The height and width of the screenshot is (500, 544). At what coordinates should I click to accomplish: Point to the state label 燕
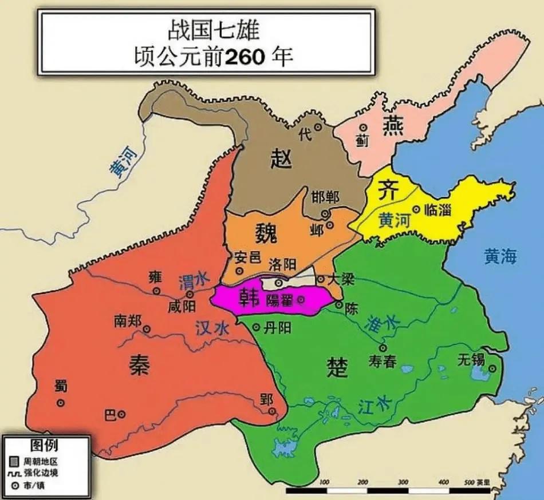click(394, 125)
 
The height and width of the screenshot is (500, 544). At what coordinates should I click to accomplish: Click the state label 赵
click(281, 158)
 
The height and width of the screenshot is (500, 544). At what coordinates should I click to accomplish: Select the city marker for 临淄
click(416, 209)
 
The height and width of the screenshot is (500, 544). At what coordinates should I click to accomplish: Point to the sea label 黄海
click(500, 257)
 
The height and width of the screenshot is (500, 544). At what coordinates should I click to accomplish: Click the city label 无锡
click(471, 360)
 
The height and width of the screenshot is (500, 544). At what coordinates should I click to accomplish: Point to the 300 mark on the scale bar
click(403, 482)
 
